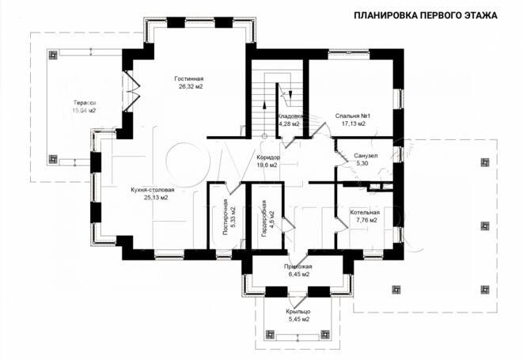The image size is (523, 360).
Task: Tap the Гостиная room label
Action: click(x=190, y=79)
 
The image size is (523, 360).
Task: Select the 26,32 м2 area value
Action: click(x=190, y=87)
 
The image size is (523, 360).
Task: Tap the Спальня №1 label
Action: click(x=353, y=116)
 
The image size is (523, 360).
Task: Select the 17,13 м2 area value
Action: click(x=353, y=123)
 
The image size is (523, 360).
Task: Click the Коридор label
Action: click(x=267, y=157)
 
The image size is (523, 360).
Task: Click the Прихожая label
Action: click(x=298, y=267)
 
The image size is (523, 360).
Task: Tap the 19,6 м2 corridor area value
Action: click(x=267, y=165)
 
